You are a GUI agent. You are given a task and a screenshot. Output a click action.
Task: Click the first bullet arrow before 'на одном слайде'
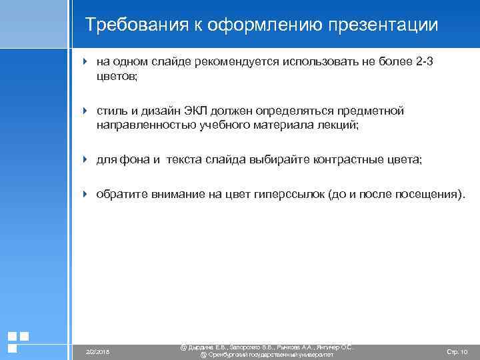click(x=85, y=62)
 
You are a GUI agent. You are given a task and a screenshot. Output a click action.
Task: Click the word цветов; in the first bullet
click(x=117, y=77)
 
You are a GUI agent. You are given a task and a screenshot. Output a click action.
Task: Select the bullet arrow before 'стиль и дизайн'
click(x=85, y=111)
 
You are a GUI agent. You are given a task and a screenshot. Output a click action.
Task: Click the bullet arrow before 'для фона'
click(x=85, y=160)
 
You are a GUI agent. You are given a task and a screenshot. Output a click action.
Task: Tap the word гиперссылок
click(x=291, y=195)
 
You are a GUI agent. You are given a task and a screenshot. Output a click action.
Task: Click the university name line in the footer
click(x=267, y=355)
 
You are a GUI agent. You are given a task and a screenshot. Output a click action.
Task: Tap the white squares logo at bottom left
click(x=18, y=342)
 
